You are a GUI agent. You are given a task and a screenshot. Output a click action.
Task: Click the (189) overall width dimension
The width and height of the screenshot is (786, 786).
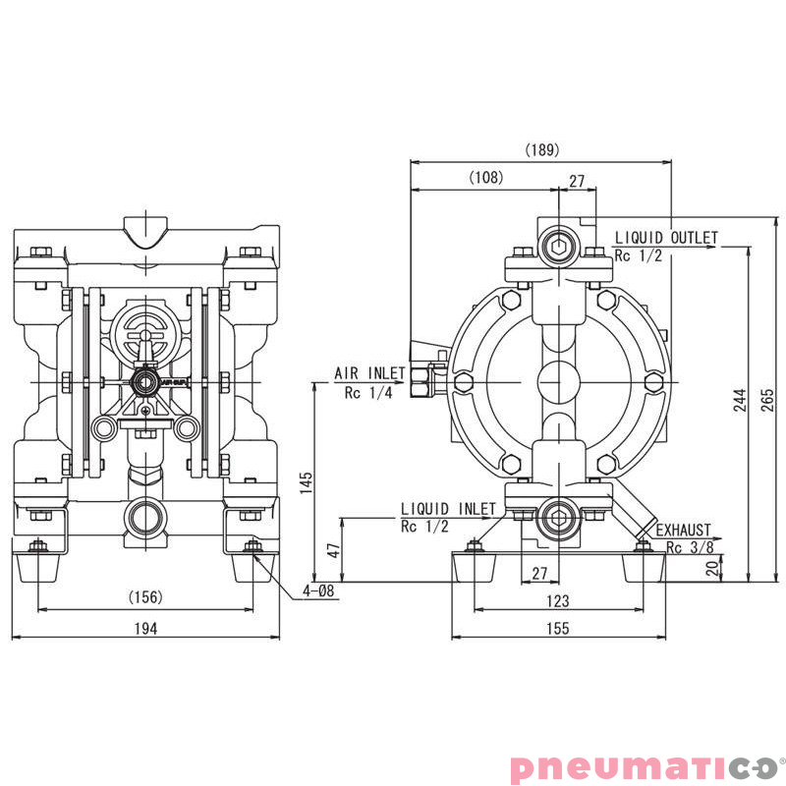point(541,150)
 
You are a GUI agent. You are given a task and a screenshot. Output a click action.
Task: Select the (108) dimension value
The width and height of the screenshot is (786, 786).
point(485,178)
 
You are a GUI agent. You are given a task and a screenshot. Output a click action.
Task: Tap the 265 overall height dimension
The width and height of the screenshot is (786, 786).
point(768,399)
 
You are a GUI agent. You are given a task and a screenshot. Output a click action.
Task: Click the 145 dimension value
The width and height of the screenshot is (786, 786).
point(307,481)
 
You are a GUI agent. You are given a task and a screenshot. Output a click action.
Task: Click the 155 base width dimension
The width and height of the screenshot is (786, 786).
point(558,630)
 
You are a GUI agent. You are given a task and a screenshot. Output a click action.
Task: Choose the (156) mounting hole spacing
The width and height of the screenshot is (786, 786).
point(145,597)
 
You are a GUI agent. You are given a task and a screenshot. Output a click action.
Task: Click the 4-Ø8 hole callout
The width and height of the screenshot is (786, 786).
point(319,591)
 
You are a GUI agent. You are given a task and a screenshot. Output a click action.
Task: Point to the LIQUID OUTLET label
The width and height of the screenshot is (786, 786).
point(666,238)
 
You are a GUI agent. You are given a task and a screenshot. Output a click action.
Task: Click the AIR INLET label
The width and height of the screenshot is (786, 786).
point(369,373)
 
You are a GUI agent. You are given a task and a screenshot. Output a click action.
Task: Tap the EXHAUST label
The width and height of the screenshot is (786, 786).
point(684,530)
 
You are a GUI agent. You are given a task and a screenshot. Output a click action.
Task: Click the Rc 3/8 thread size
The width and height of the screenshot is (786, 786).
point(688,547)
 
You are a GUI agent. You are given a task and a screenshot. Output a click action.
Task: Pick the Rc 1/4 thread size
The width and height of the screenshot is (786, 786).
point(367,393)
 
